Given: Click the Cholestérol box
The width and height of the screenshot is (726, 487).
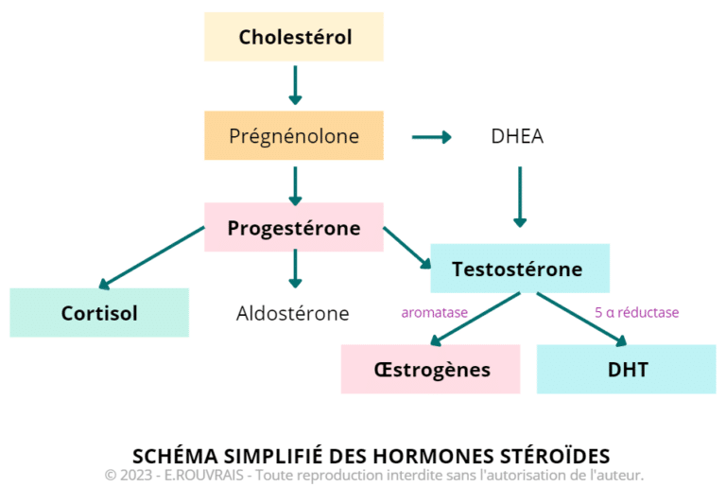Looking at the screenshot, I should (x=294, y=37).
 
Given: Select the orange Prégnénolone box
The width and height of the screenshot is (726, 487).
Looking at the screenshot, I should (x=294, y=135).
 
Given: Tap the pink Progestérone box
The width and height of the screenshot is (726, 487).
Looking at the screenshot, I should (x=294, y=228).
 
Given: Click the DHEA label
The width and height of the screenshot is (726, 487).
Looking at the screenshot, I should (x=517, y=136).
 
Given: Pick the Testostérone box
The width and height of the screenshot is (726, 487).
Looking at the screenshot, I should (x=519, y=269).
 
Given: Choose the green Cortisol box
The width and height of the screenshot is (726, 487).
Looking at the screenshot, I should (x=99, y=312).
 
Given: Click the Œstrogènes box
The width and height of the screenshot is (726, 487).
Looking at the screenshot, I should (x=430, y=369).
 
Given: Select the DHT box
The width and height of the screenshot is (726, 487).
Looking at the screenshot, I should (x=626, y=369).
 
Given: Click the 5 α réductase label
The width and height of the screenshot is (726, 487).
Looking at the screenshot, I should (x=636, y=312).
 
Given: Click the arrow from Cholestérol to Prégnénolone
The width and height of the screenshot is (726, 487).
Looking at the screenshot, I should (x=295, y=85).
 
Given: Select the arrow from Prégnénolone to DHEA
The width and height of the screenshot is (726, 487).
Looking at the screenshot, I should (x=431, y=137).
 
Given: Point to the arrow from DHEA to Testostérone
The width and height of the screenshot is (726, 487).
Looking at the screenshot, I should (x=519, y=197).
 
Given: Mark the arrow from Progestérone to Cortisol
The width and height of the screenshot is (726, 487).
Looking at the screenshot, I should (x=151, y=258).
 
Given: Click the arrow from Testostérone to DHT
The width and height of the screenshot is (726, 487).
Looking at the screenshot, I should (x=580, y=319).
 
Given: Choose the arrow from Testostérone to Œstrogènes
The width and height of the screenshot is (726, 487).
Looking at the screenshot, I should (x=477, y=319).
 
